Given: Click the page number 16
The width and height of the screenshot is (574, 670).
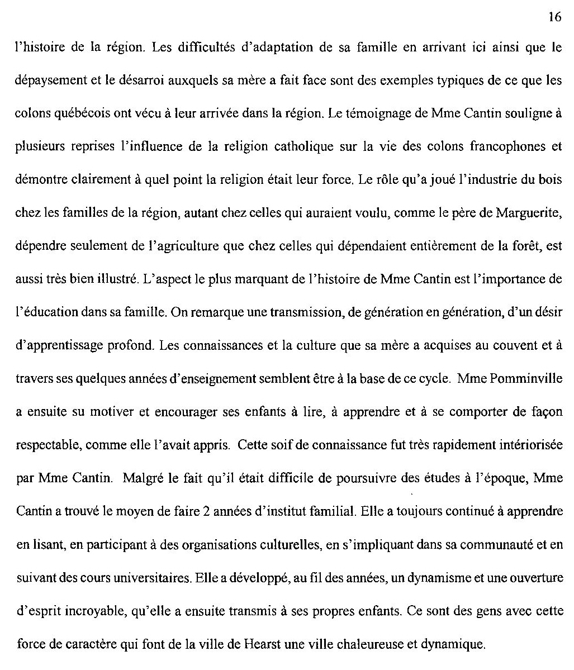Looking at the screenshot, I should coord(554,17).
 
